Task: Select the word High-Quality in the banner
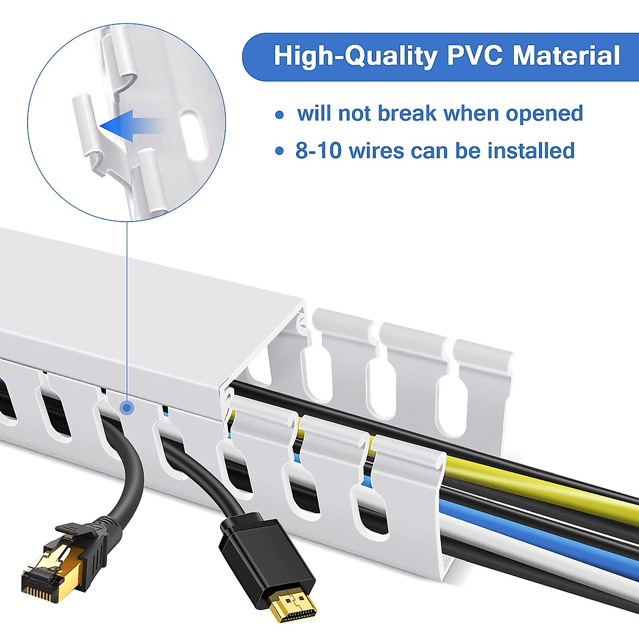coord(355,56)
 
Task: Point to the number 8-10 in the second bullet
coord(318,151)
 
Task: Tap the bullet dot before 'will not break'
coord(280,114)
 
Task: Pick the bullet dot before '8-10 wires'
coord(280,152)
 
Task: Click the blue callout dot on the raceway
coord(127,408)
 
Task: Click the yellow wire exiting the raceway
coord(532,482)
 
